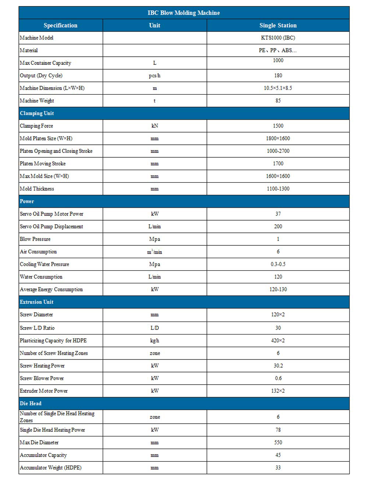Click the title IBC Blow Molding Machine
click(184, 13)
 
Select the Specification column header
click(60, 25)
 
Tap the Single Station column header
click(278, 25)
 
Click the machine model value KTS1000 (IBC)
click(278, 38)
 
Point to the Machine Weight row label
click(37, 101)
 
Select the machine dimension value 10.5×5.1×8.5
click(278, 88)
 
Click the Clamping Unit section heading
click(37, 113)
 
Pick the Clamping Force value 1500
click(278, 126)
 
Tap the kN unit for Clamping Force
click(155, 126)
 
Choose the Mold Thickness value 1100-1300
click(278, 189)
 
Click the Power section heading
click(27, 201)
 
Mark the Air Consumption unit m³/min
click(155, 252)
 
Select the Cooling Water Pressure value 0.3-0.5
click(278, 264)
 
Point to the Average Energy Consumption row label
click(51, 290)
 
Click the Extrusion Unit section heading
click(36, 302)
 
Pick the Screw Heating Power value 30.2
click(278, 366)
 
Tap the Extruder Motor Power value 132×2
click(278, 391)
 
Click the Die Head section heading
click(31, 404)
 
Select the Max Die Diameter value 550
click(278, 442)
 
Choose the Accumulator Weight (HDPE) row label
click(50, 468)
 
